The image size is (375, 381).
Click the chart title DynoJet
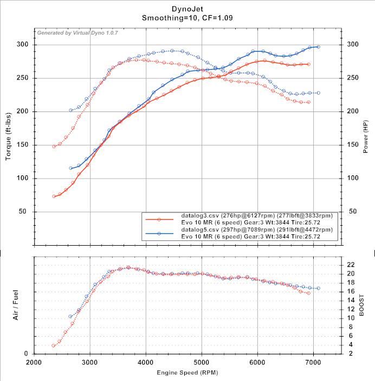coord(187,9)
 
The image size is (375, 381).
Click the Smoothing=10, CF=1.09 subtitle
coord(187,18)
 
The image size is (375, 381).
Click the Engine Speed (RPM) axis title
coord(187,373)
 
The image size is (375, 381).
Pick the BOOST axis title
coord(363,305)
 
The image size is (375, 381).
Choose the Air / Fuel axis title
coord(16,305)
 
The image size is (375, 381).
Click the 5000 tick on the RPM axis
coord(202,363)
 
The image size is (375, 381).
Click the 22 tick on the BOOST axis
coord(351,265)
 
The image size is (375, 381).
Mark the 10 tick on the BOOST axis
coord(351,318)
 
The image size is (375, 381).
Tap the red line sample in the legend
coord(159,219)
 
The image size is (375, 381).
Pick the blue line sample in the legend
coord(159,234)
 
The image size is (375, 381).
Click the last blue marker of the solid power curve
coord(318,47)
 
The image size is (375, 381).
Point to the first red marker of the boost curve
coord(54,345)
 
